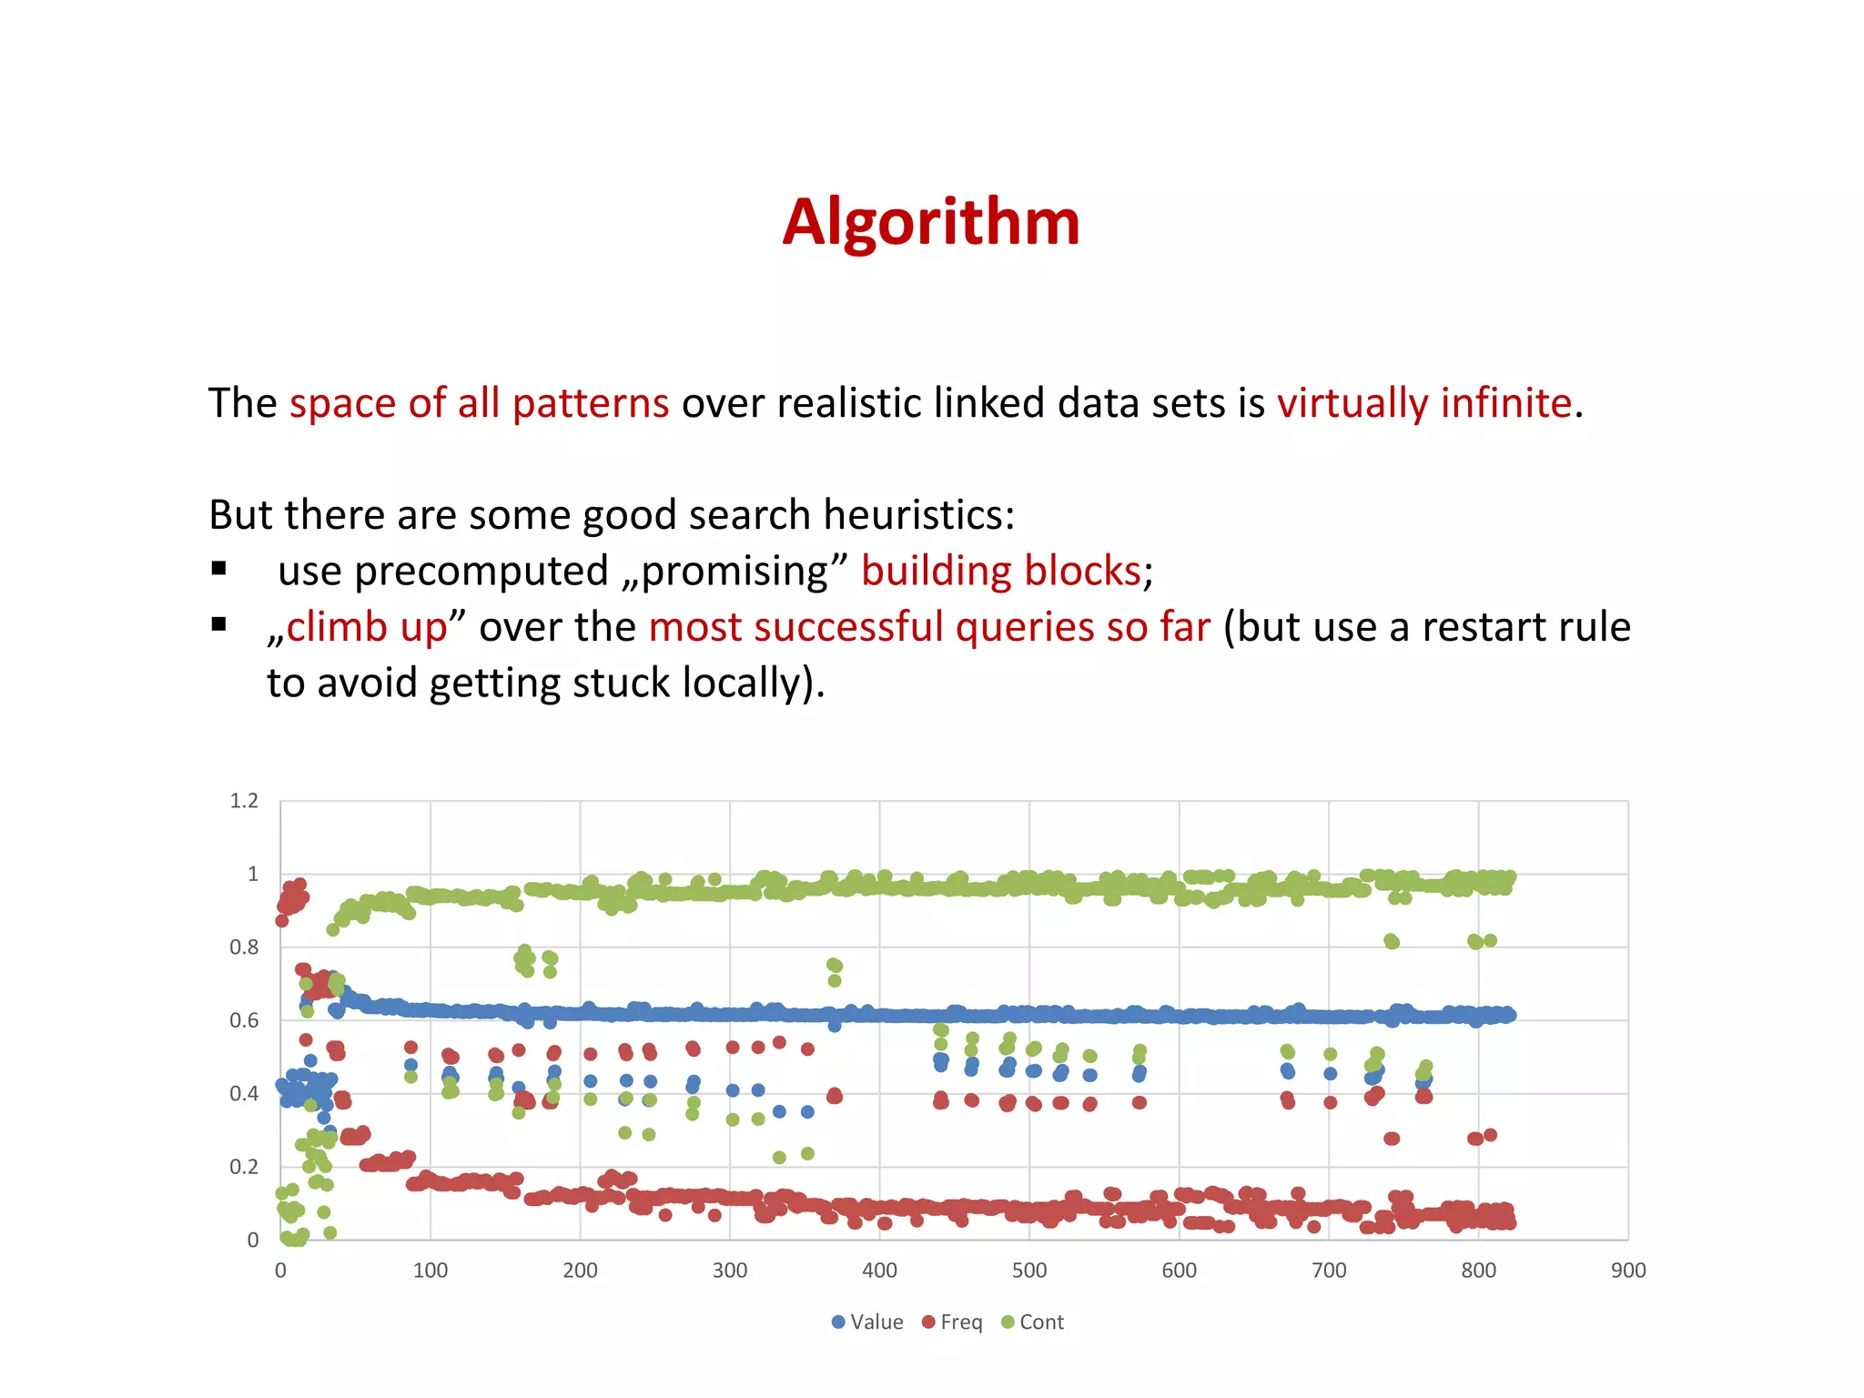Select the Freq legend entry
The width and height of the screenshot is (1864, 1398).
click(953, 1322)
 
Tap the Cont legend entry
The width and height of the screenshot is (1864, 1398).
click(1033, 1322)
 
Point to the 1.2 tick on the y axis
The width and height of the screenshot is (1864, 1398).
click(244, 801)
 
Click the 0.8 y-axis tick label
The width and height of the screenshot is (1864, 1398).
click(244, 947)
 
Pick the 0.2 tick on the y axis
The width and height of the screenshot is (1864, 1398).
click(244, 1167)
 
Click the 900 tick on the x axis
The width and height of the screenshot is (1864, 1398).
click(1627, 1271)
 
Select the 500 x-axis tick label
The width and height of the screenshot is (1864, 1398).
click(1028, 1271)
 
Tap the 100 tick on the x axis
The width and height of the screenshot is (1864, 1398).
click(430, 1271)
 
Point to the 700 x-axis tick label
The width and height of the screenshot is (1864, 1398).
click(1328, 1271)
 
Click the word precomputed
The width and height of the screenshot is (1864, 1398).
click(481, 572)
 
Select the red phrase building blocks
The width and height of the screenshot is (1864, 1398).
click(1001, 572)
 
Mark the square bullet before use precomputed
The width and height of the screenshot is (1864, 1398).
click(218, 569)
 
